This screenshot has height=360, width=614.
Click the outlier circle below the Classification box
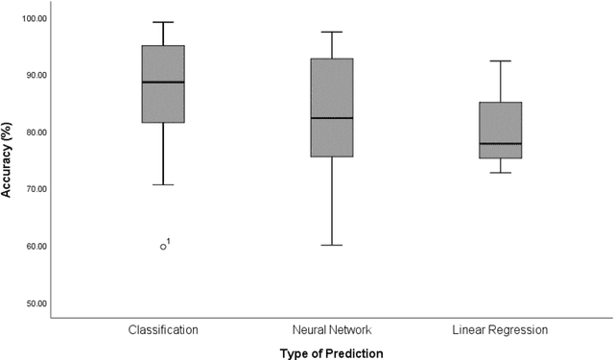coord(163,247)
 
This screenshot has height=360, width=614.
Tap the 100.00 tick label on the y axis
coord(38,18)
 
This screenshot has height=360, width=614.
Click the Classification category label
coord(163,330)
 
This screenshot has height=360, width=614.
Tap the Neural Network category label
coord(331,330)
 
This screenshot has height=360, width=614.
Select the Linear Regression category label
coord(500,330)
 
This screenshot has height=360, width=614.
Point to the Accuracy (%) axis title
coord(9,160)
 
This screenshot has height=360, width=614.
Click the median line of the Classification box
coord(163,83)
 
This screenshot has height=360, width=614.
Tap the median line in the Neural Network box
coord(331,118)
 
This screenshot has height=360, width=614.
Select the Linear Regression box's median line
coord(500,144)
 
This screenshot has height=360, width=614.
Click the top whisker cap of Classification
coord(163,22)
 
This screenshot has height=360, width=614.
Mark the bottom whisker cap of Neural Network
coord(331,245)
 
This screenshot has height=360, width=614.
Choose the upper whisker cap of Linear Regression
coord(500,60)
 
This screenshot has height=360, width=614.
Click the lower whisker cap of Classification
coord(163,184)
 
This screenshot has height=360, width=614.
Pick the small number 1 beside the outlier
coord(170,242)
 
